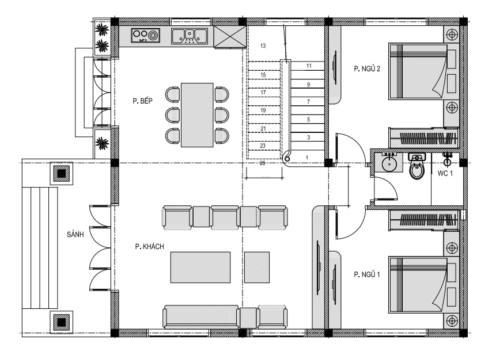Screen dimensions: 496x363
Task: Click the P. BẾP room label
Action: (x=142, y=101)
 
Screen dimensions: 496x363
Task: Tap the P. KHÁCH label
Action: (x=149, y=246)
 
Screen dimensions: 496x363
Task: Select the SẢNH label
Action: (x=75, y=234)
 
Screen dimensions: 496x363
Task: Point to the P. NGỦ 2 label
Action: (x=367, y=68)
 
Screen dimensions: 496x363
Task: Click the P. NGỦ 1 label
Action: (x=366, y=274)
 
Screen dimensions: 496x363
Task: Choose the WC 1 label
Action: (x=445, y=173)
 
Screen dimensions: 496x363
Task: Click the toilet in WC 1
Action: (x=417, y=166)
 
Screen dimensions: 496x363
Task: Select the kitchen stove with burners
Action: (x=145, y=36)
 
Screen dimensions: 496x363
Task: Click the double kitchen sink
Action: (x=190, y=36)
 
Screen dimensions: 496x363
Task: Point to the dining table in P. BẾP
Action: (x=197, y=115)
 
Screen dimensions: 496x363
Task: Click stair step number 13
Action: (x=263, y=46)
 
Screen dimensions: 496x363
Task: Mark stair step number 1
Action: (x=306, y=158)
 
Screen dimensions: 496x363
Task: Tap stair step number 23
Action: (x=263, y=146)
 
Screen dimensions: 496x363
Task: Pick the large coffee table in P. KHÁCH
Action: (x=200, y=267)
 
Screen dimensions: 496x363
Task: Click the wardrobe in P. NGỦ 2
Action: (x=423, y=138)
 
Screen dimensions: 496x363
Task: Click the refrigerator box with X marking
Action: (x=230, y=37)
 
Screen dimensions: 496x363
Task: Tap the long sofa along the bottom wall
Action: (x=200, y=316)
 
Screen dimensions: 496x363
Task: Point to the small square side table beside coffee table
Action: (x=257, y=267)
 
